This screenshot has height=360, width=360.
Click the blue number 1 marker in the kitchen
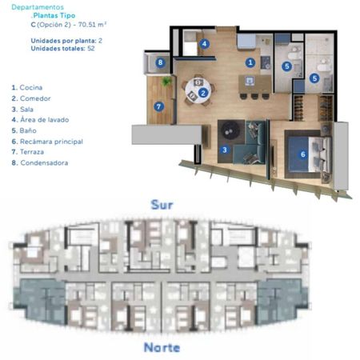click(x=250, y=62)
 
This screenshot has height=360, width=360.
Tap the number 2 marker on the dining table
click(x=203, y=93)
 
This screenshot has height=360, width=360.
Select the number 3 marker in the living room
click(x=225, y=150)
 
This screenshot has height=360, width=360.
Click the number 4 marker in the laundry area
click(x=204, y=44)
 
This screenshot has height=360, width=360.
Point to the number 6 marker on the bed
click(x=302, y=154)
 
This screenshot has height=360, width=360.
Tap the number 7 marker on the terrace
click(x=159, y=107)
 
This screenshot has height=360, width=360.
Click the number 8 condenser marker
click(x=160, y=62)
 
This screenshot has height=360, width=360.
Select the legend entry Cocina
click(x=27, y=87)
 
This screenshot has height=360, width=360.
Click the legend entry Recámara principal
click(x=47, y=142)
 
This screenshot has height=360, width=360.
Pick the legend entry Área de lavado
click(x=40, y=120)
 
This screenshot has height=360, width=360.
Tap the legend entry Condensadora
click(x=40, y=162)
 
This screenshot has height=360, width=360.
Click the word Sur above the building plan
click(x=162, y=205)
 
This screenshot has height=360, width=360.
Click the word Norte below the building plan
click(x=162, y=347)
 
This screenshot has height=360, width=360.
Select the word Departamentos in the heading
click(x=38, y=7)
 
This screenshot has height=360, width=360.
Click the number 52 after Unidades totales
click(x=91, y=49)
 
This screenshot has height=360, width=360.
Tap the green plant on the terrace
click(x=166, y=81)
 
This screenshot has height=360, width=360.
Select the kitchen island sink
click(x=250, y=81)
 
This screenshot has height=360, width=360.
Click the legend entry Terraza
click(x=28, y=152)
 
